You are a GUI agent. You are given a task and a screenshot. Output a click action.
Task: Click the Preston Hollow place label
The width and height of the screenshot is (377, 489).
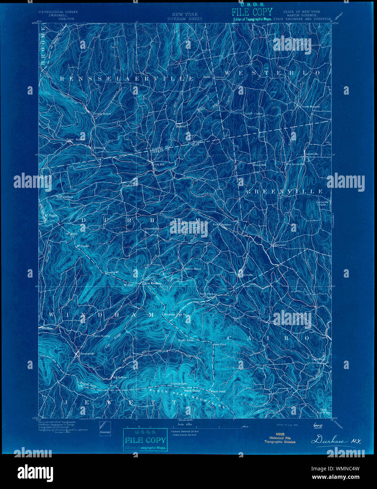click(x=102, y=114)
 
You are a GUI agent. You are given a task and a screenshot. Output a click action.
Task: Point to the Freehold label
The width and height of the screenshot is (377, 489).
click(x=280, y=245)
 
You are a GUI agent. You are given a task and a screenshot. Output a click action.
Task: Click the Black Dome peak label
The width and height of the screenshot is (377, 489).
click(x=192, y=391)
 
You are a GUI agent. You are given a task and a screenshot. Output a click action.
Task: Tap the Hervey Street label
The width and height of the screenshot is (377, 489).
click(x=193, y=269)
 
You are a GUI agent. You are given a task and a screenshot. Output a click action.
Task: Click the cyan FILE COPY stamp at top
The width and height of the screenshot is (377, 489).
click(x=252, y=12)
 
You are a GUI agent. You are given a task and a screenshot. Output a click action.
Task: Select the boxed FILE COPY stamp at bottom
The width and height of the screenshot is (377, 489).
click(x=145, y=440)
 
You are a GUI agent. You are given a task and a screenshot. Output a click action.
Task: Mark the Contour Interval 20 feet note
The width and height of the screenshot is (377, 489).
click(x=185, y=431)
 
